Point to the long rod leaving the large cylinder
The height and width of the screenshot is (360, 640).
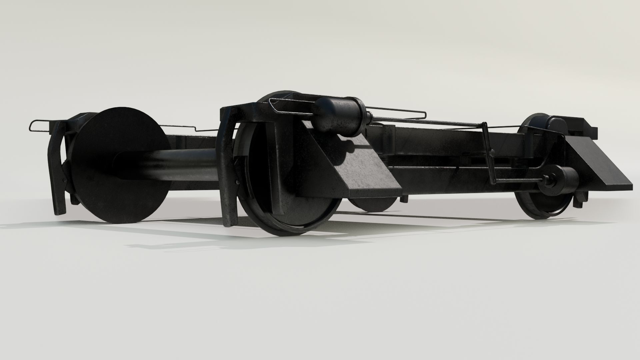(427, 123)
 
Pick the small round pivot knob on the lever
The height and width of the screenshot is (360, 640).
(492, 152)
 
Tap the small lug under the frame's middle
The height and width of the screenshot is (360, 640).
(405, 199)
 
